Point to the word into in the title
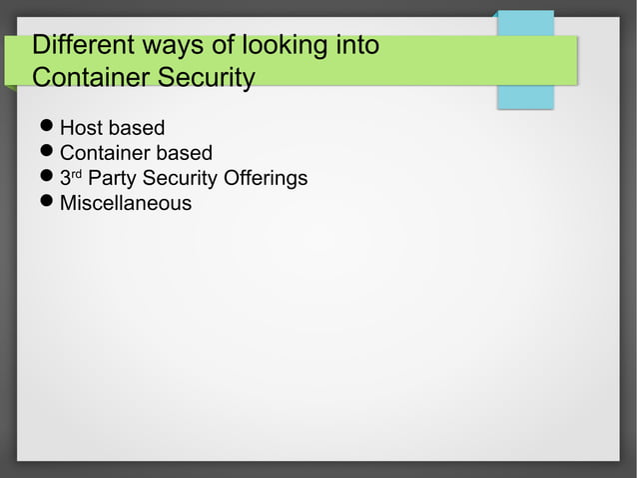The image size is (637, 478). [355, 46]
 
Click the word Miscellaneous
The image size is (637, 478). [126, 204]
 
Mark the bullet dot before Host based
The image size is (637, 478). [46, 128]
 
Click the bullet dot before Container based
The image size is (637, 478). [46, 153]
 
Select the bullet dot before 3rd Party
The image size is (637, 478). [46, 179]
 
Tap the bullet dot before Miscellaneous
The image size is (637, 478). [46, 204]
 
